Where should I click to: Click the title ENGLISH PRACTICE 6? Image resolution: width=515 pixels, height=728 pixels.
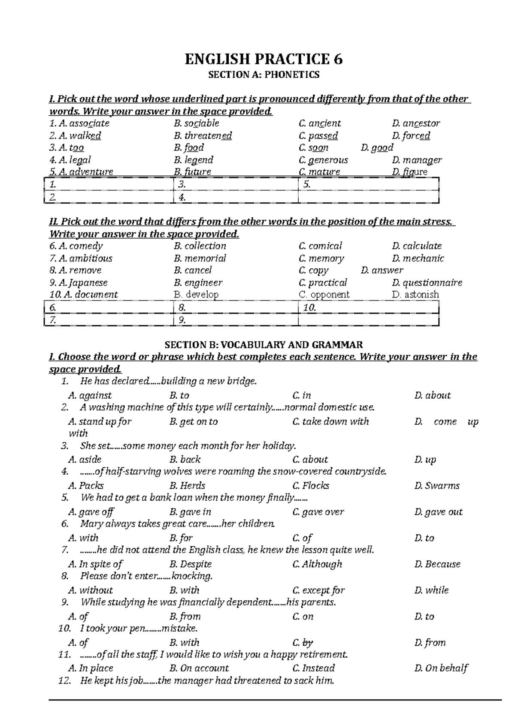click(264, 59)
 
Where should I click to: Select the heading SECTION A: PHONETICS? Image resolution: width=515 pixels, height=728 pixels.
click(264, 75)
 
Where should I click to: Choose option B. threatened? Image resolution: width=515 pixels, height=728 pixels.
click(203, 136)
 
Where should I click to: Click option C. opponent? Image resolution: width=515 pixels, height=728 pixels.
click(324, 295)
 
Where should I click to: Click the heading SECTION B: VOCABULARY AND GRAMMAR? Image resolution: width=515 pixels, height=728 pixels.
click(264, 345)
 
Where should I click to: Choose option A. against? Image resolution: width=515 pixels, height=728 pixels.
click(90, 396)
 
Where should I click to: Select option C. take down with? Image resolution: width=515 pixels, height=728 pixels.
click(330, 422)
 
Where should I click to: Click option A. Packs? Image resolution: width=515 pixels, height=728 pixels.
click(86, 486)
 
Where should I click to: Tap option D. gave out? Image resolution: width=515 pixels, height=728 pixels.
click(439, 512)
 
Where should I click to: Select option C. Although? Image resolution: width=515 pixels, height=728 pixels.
click(317, 564)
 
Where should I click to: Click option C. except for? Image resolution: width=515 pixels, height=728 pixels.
click(318, 590)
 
